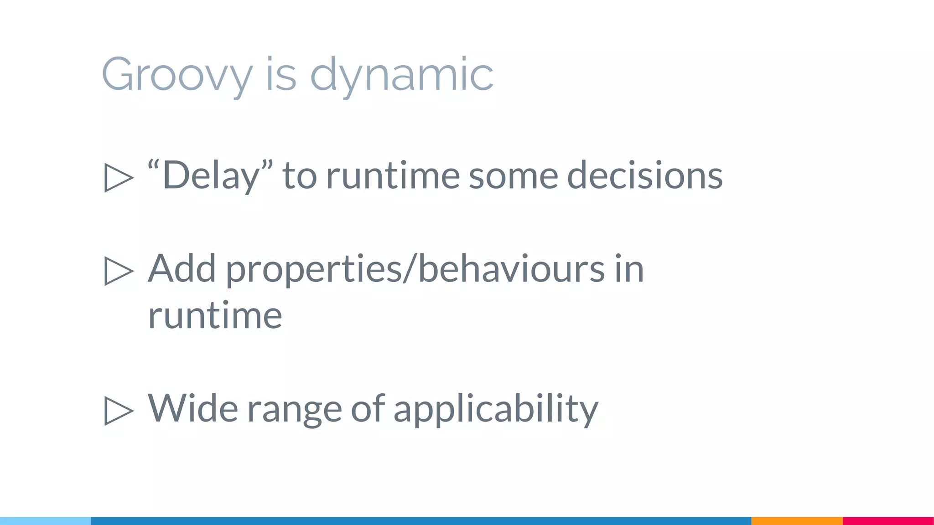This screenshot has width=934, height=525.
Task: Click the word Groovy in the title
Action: click(x=177, y=75)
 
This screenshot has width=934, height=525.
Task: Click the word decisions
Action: click(x=644, y=175)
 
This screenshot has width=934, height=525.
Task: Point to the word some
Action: click(x=513, y=175)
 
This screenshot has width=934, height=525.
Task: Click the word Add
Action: click(x=182, y=269)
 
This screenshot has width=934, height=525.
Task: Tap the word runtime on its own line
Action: click(x=215, y=315)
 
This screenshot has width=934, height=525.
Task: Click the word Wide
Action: click(x=192, y=408)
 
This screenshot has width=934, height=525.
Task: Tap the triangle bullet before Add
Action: click(x=119, y=271)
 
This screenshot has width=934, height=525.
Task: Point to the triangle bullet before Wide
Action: click(x=119, y=411)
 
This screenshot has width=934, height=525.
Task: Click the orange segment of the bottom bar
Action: click(x=797, y=521)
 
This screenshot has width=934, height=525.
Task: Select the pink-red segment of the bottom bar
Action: click(x=888, y=521)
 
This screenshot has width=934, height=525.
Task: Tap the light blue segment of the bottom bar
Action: click(x=46, y=521)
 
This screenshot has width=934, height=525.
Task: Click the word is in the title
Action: click(x=280, y=75)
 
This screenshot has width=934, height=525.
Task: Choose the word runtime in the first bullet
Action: click(x=393, y=175)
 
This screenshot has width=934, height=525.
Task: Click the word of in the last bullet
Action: click(x=368, y=408)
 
